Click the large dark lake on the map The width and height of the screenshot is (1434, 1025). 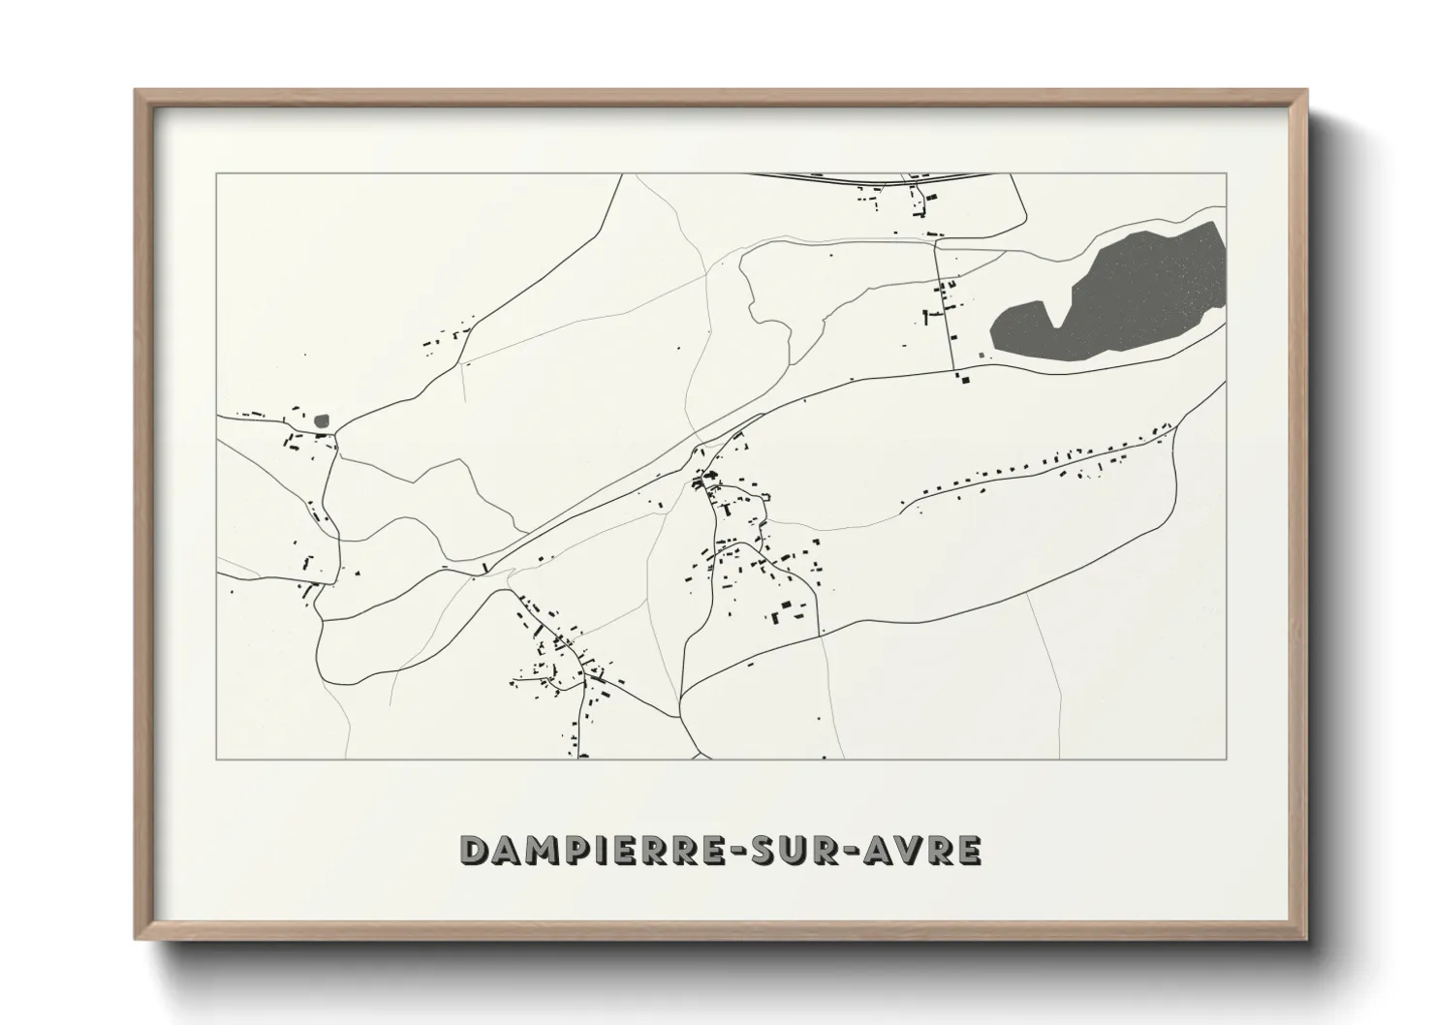point(1114,300)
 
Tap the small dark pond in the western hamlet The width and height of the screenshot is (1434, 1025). point(323,421)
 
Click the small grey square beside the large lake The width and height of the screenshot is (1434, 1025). point(983,356)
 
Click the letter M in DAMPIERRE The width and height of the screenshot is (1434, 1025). point(541,850)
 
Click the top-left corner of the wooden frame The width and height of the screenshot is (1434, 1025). point(136,91)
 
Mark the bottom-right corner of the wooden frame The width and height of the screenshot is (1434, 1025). point(1306,939)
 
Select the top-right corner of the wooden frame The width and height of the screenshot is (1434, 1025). point(1306,91)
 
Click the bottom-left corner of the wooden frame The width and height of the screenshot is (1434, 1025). point(136,939)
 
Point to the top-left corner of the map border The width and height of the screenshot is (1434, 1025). point(216,174)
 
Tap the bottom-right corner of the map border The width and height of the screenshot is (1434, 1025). point(1227,759)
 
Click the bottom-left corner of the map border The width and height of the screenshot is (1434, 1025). point(216,759)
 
